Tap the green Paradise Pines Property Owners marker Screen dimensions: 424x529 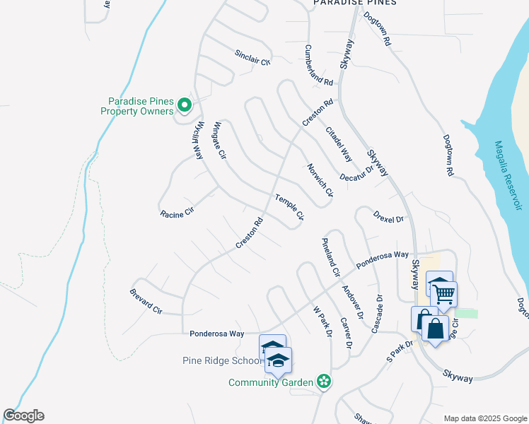[x=185, y=106]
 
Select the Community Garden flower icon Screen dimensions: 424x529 [x=324, y=382]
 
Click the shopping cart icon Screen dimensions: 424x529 [x=444, y=293]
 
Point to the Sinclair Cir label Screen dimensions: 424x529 [x=252, y=57]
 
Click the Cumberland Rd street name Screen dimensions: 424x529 [x=318, y=65]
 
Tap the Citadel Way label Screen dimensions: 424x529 [x=338, y=143]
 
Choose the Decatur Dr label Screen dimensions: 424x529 [x=356, y=174]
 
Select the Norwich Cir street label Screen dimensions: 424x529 [x=320, y=180]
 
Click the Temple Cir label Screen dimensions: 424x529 [x=289, y=206]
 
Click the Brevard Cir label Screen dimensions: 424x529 [x=146, y=301]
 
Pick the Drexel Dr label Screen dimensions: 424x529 [x=388, y=216]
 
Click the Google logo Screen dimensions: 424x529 [x=23, y=416]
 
